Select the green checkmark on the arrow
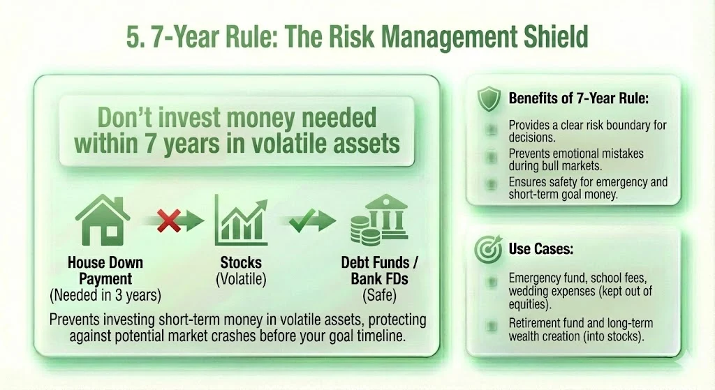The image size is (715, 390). tap(304, 222)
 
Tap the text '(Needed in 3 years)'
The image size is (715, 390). tap(105, 295)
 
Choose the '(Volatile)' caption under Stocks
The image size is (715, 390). tap(241, 278)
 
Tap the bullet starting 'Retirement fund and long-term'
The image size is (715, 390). tap(580, 331)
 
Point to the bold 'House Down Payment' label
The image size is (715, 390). tap(105, 271)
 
